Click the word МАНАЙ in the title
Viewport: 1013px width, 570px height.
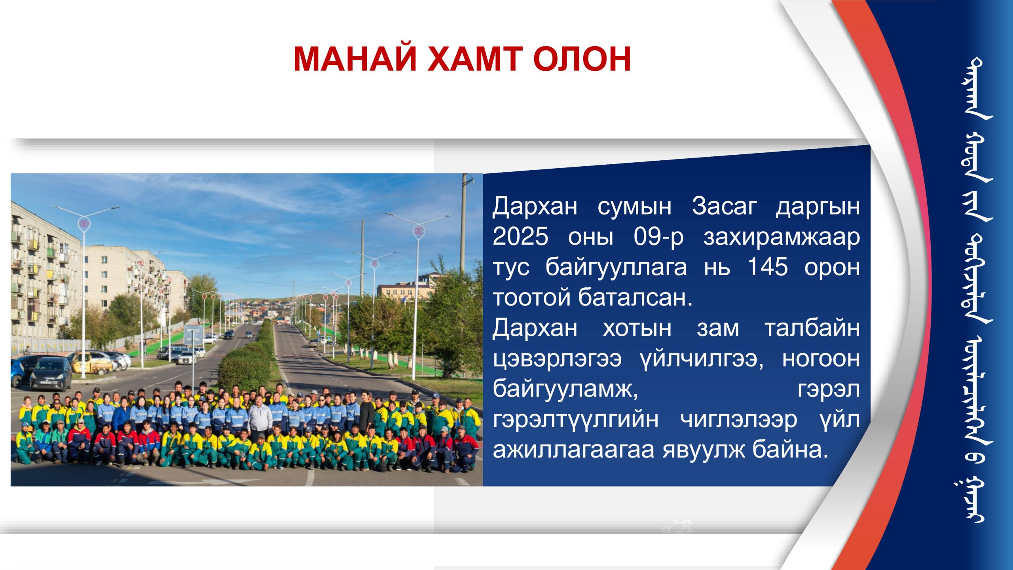click(355, 59)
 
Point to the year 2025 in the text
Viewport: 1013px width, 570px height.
click(520, 237)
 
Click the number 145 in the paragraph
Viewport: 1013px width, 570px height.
click(767, 267)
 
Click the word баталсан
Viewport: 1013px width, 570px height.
click(635, 297)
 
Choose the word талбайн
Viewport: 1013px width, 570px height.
click(812, 328)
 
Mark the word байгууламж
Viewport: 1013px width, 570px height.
click(565, 389)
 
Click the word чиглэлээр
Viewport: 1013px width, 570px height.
click(738, 420)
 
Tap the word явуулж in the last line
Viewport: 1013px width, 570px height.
click(703, 450)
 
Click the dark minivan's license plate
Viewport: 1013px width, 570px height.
click(47, 382)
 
